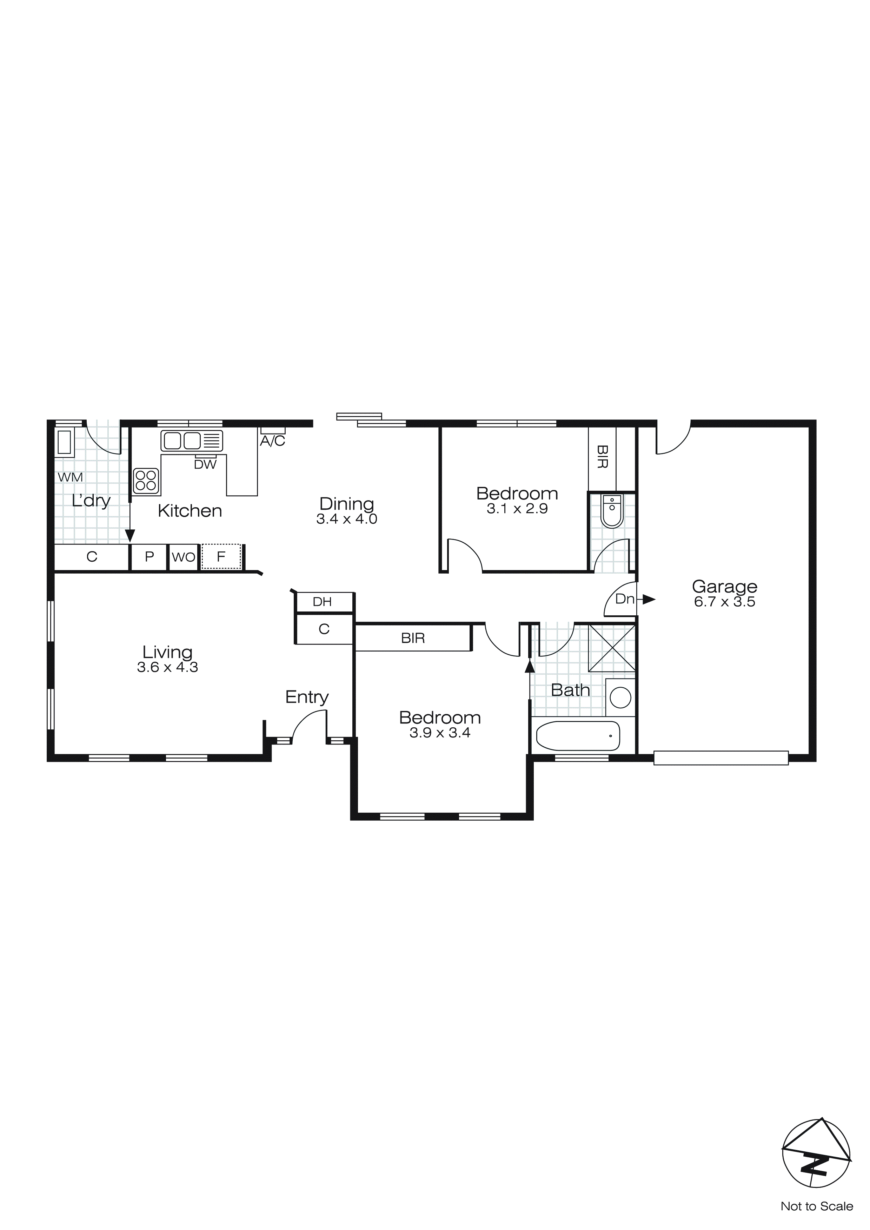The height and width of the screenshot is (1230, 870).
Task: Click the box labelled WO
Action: [x=183, y=557]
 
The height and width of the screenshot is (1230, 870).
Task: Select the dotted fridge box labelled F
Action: [x=221, y=557]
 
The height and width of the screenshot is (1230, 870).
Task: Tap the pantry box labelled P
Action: [x=150, y=557]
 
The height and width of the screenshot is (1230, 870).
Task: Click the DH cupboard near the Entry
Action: [x=323, y=602]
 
